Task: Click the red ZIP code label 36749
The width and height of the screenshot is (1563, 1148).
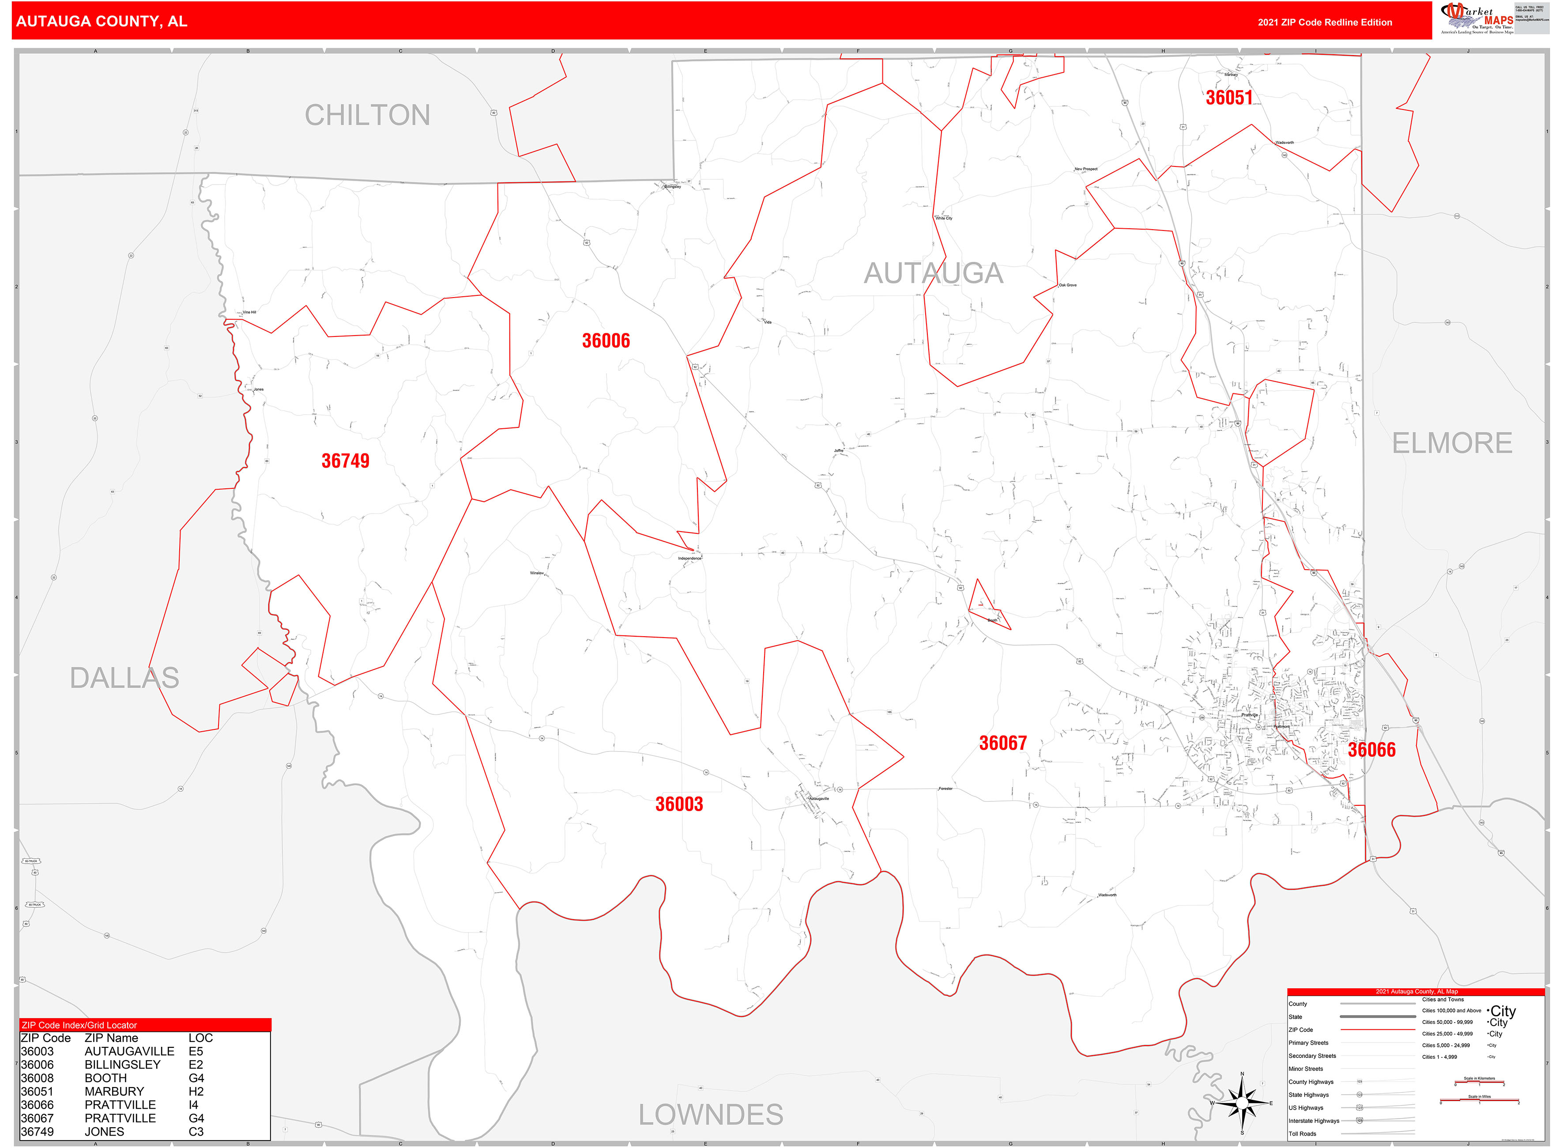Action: (345, 461)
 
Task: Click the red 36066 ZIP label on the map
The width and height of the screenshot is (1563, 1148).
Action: (1371, 750)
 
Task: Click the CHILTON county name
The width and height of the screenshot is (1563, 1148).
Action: (368, 115)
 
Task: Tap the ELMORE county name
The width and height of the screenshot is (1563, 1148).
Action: (1452, 443)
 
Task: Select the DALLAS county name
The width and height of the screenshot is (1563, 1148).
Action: (124, 678)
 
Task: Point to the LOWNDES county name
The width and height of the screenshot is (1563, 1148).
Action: (711, 1114)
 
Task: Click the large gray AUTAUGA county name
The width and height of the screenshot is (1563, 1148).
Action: (933, 273)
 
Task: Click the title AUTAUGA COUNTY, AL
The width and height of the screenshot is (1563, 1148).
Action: (102, 22)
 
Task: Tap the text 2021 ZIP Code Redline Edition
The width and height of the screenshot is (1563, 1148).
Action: (1325, 22)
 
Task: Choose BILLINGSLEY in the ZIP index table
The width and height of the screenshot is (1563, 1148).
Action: (122, 1065)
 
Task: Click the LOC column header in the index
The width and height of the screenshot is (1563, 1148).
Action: (201, 1038)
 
